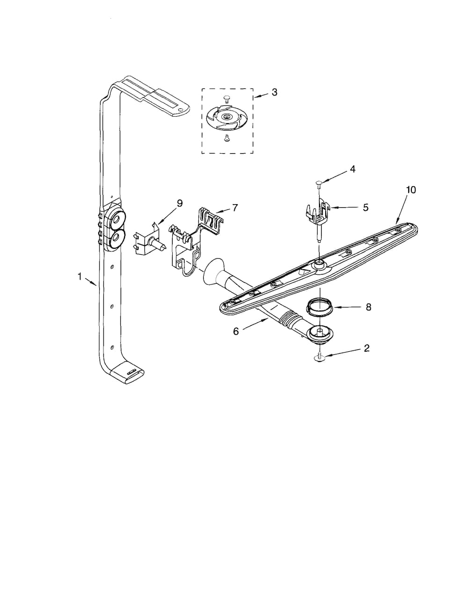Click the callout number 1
(x=80, y=277)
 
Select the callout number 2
(x=366, y=348)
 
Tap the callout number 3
(x=274, y=92)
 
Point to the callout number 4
(x=352, y=169)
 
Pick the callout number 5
(x=366, y=207)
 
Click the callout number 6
(x=236, y=331)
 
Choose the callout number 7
(x=234, y=207)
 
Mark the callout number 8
(x=368, y=307)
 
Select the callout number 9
(x=179, y=203)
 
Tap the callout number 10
(x=410, y=190)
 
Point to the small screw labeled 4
(x=319, y=183)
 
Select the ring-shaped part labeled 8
(x=319, y=307)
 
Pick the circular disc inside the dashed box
(x=227, y=117)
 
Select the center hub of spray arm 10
(x=319, y=266)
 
